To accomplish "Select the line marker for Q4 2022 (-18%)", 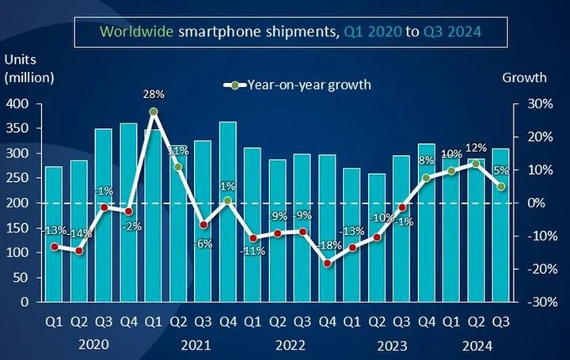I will point(327,263).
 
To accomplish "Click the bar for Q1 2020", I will point(54,234).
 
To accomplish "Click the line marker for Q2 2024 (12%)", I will point(475,164).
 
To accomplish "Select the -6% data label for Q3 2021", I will point(203,243).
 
